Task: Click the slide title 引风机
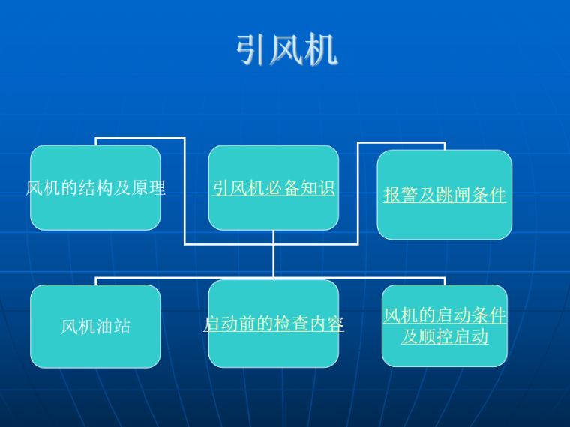coord(287,51)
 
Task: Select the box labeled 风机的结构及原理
coord(95,187)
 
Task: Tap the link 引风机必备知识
coord(273,187)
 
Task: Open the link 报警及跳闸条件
coord(445,195)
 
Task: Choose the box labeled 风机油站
coord(95,327)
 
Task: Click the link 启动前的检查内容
coord(273,324)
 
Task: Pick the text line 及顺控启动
coord(445,336)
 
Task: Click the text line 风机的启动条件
coord(445,315)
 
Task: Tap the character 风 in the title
coord(287,51)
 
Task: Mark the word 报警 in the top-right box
coord(401,195)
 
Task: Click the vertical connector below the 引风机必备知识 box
coord(274,255)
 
